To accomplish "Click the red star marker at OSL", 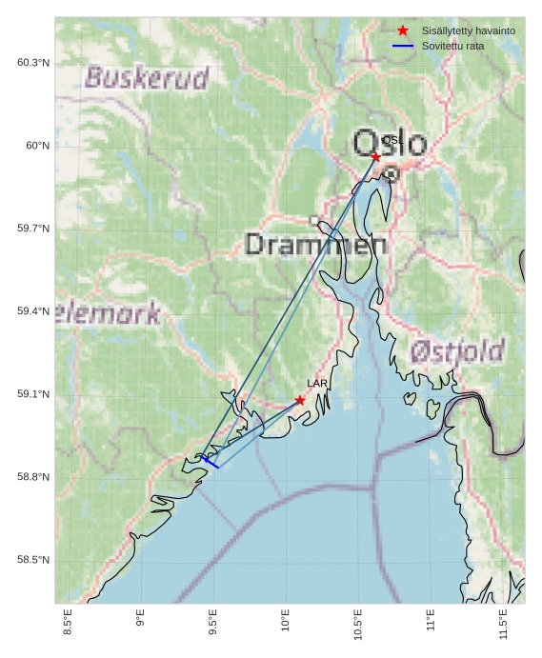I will click(376, 156).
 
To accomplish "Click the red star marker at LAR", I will click(300, 400).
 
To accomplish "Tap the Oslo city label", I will click(390, 144).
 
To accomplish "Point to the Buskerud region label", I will click(147, 78).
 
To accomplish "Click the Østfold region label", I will click(457, 350).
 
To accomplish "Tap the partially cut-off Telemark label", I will click(108, 313).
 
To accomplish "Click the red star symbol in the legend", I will click(403, 31).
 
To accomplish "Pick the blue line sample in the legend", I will click(403, 46).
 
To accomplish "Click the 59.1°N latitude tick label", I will click(33, 394).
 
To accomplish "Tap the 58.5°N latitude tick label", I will click(33, 560).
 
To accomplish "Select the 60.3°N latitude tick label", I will click(33, 63).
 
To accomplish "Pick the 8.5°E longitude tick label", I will click(68, 621).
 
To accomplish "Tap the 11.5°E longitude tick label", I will click(504, 621).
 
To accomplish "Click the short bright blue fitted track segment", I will click(210, 462).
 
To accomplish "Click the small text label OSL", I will click(391, 140).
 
